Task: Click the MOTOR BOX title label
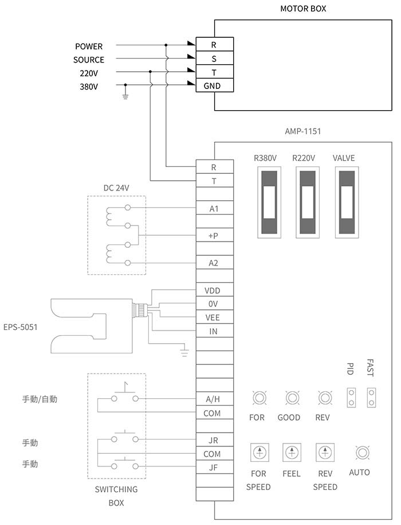click(x=303, y=9)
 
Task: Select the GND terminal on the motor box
click(x=214, y=85)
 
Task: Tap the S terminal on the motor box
click(x=214, y=59)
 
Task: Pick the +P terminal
click(x=214, y=235)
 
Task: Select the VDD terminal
click(x=214, y=290)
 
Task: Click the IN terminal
click(x=214, y=331)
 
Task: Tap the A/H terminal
click(x=214, y=399)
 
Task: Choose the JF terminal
click(x=214, y=467)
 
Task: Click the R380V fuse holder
click(x=269, y=202)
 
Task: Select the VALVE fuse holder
click(x=347, y=202)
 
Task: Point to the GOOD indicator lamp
click(x=292, y=398)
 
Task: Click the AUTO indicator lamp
click(x=362, y=453)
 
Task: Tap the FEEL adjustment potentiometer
click(x=292, y=452)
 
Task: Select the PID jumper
click(x=351, y=398)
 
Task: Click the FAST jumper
click(x=371, y=398)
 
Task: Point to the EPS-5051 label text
click(x=21, y=327)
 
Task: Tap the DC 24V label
click(x=116, y=188)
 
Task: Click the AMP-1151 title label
click(x=302, y=131)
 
